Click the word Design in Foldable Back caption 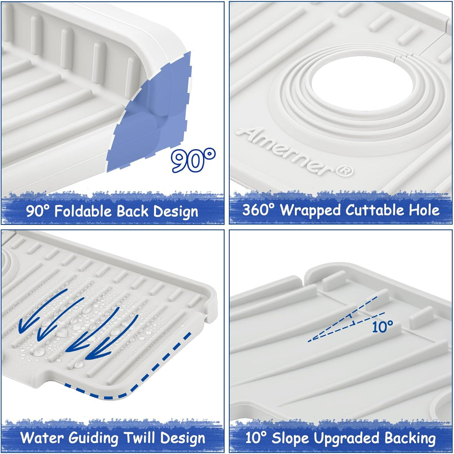point(176,211)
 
